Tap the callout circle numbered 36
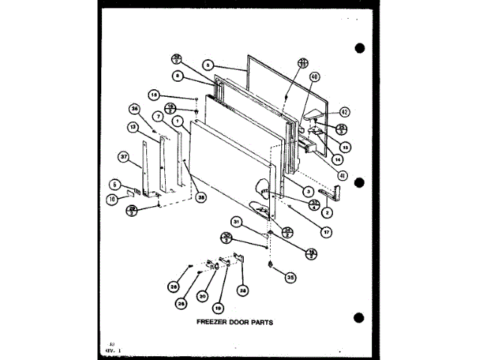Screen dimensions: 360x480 134,108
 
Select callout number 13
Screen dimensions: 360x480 132,128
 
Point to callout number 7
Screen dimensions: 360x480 159,117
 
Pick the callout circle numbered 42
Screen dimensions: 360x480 344,112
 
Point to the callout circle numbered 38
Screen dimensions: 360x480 201,198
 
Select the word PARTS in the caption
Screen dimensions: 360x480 259,325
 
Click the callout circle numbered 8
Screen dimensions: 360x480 178,76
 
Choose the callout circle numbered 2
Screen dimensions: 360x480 328,211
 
